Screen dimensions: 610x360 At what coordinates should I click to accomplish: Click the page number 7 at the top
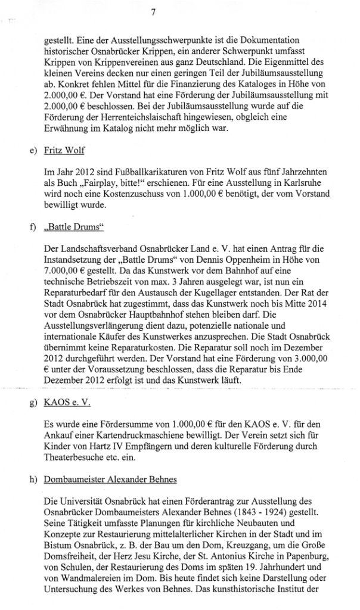coord(153,11)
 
